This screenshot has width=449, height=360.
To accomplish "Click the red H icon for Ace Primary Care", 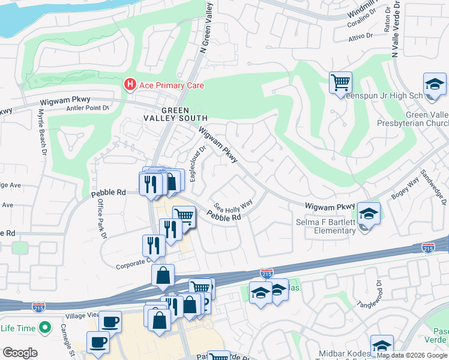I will coord(130,85).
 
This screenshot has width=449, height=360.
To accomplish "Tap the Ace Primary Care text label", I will coord(172,85).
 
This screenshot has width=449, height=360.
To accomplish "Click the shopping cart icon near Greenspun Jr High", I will coord(340,82).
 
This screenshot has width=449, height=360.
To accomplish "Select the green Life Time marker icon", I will coord(44,328).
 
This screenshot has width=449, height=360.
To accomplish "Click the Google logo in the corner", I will coord(19,353).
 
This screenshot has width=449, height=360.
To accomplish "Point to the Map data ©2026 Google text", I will coord(412,355).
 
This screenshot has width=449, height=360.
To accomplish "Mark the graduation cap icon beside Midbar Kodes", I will coord(381,345).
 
